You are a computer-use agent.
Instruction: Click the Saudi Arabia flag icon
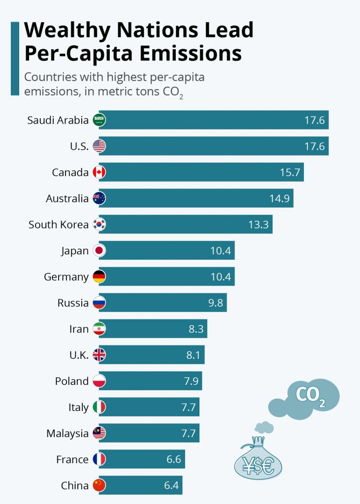(99, 120)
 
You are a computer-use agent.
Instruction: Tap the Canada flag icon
(99, 172)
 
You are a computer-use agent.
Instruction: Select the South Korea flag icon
(99, 224)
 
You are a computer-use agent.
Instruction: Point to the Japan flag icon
(99, 251)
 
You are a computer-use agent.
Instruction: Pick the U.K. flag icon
(99, 355)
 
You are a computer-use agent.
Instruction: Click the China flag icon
(99, 485)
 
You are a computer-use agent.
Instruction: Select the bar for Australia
(197, 198)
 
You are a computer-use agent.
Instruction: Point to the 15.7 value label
(290, 172)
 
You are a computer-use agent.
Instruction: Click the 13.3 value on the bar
(258, 224)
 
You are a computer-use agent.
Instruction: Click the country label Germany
(66, 277)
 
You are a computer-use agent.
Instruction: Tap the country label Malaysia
(67, 433)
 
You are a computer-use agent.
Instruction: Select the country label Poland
(72, 381)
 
